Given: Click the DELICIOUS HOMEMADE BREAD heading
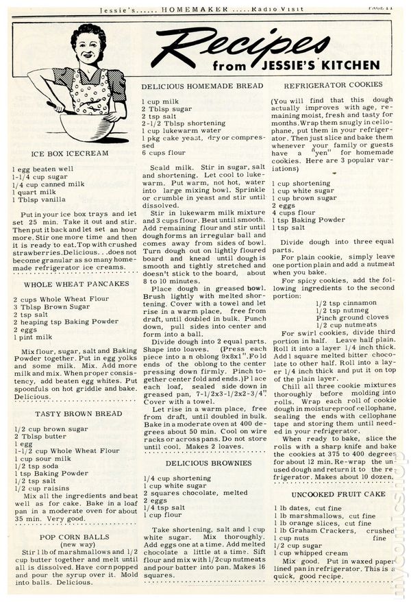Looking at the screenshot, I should [202, 86].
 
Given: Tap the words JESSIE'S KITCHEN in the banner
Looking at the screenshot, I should [332, 66].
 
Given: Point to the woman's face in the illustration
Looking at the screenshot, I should [88, 48].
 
